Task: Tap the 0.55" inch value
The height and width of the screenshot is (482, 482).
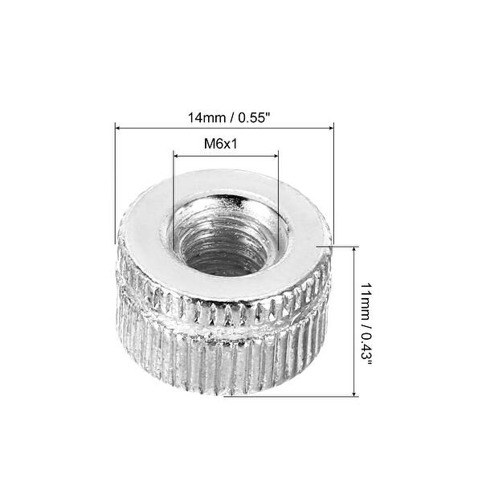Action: pos(251,117)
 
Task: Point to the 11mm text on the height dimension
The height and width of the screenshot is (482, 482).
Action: pos(367,300)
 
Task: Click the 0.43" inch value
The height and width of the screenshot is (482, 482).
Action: pos(367,347)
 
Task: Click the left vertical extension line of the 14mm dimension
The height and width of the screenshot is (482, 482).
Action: pos(116,185)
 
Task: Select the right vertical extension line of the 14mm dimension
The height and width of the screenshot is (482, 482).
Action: pos(333,185)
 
